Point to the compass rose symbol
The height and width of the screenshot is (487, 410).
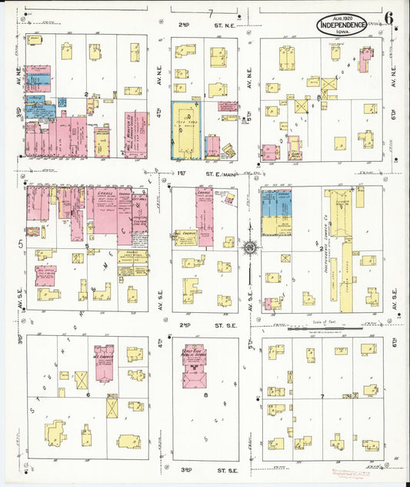(249, 248)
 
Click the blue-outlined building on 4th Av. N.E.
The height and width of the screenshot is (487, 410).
(186, 130)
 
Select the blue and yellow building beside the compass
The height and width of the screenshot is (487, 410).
(277, 213)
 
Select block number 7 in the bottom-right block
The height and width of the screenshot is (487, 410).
(322, 396)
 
